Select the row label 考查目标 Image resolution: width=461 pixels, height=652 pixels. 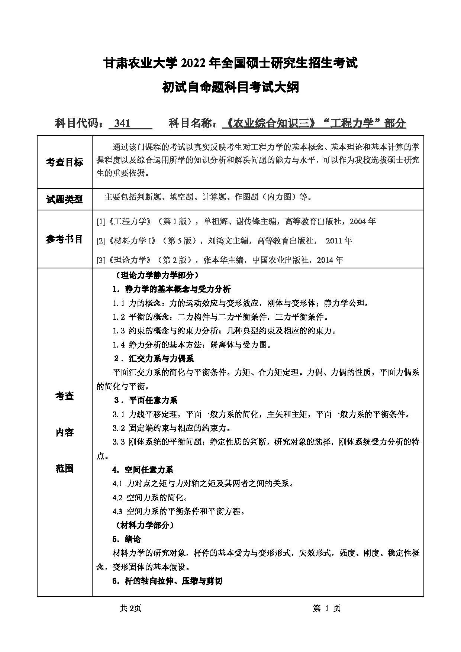click(65, 162)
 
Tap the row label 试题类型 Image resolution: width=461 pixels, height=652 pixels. click(65, 199)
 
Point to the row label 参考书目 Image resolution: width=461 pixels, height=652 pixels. click(65, 239)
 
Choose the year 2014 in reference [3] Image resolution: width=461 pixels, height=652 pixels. click(325, 260)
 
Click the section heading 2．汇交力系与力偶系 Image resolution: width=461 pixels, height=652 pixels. click(154, 358)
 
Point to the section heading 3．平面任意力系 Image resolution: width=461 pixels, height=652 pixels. click(145, 400)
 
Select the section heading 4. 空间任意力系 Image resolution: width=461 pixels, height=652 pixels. click(143, 470)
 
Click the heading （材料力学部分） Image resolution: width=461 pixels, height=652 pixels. click(142, 525)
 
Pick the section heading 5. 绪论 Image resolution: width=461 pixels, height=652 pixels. click(126, 539)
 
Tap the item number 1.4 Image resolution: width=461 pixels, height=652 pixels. click(119, 345)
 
